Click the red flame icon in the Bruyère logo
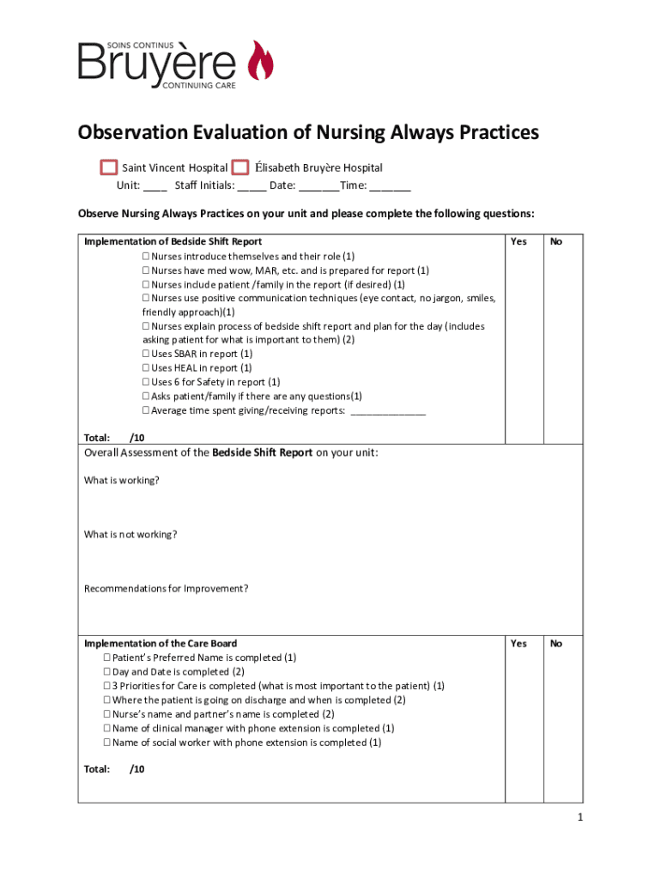tap(260, 62)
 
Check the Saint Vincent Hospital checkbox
tap(108, 167)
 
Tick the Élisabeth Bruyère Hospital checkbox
tap(240, 167)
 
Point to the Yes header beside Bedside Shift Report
tap(518, 241)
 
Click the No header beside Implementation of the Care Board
tap(556, 643)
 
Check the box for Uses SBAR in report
tap(146, 354)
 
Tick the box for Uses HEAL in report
tap(146, 368)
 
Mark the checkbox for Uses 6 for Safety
tap(146, 382)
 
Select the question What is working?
tap(121, 481)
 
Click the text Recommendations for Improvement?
tap(167, 588)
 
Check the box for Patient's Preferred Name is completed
tap(107, 658)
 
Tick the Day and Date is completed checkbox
tap(107, 672)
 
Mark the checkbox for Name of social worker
tap(107, 743)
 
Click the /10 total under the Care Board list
tap(136, 769)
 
